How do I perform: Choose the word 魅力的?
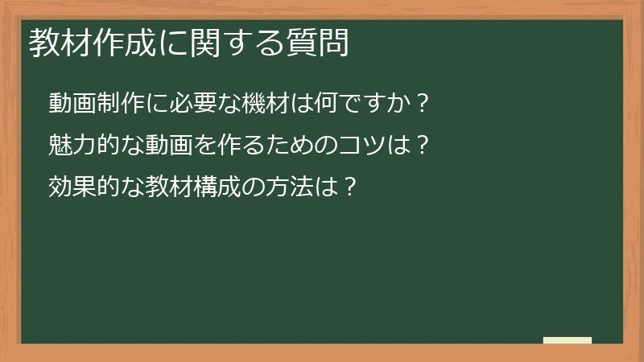pyautogui.click(x=85, y=146)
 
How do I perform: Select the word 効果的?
pyautogui.click(x=85, y=187)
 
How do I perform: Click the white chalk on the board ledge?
pyautogui.click(x=567, y=340)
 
